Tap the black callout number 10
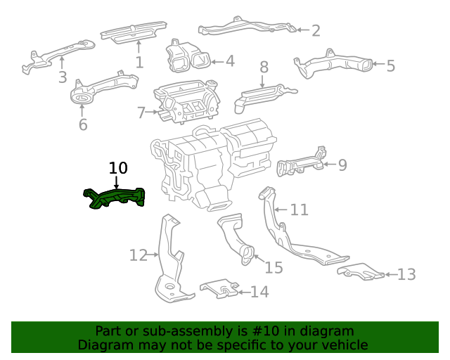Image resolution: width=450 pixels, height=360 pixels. (118, 168)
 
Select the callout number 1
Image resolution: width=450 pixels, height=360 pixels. (139, 62)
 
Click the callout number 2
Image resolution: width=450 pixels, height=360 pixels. (316, 30)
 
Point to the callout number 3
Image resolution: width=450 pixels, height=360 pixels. (62, 77)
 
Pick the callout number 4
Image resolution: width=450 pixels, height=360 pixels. (229, 61)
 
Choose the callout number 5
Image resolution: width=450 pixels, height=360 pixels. (390, 66)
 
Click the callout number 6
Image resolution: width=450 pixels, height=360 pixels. (83, 125)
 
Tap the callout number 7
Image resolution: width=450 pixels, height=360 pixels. (141, 112)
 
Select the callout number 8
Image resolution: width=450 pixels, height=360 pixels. (264, 67)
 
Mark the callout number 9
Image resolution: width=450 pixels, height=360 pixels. (342, 165)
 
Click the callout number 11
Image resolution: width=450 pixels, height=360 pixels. (300, 210)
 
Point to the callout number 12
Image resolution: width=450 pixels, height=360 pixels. (139, 255)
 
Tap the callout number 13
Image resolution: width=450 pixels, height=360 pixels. (407, 274)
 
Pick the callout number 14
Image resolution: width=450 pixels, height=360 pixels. (259, 291)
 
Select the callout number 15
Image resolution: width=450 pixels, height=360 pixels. (273, 267)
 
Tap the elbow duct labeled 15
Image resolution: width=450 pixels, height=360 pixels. (235, 239)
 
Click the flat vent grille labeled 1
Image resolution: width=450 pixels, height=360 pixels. (133, 32)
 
